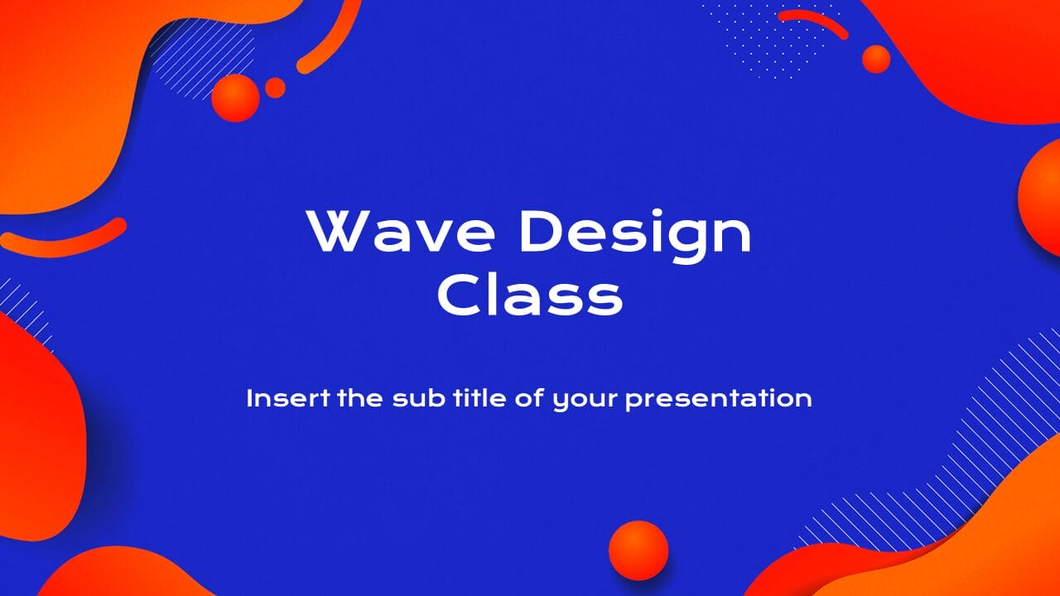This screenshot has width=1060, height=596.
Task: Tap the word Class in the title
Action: (530, 297)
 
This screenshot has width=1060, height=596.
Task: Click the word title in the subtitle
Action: (468, 398)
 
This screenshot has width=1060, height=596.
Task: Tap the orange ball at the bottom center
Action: (638, 550)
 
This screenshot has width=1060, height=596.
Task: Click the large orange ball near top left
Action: (235, 98)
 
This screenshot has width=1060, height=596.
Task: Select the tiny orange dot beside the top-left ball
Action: (275, 88)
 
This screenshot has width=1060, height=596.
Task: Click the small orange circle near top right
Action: (875, 59)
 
